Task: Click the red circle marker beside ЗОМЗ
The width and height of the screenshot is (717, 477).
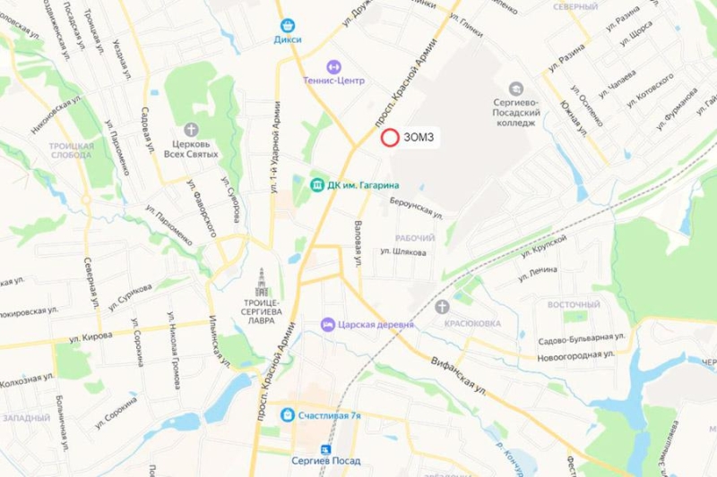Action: pos(390,138)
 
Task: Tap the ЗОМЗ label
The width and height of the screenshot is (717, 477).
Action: pos(419,138)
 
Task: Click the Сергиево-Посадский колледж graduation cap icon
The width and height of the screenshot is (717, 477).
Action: pos(515,88)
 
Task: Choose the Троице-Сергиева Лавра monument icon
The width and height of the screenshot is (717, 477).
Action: pos(262,279)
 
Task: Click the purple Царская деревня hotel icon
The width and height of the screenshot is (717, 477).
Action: pos(331,323)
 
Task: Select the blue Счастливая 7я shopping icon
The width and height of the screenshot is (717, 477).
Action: pos(286,414)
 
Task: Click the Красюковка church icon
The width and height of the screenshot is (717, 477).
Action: pos(441,307)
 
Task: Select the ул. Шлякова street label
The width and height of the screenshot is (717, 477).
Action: pos(403,251)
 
